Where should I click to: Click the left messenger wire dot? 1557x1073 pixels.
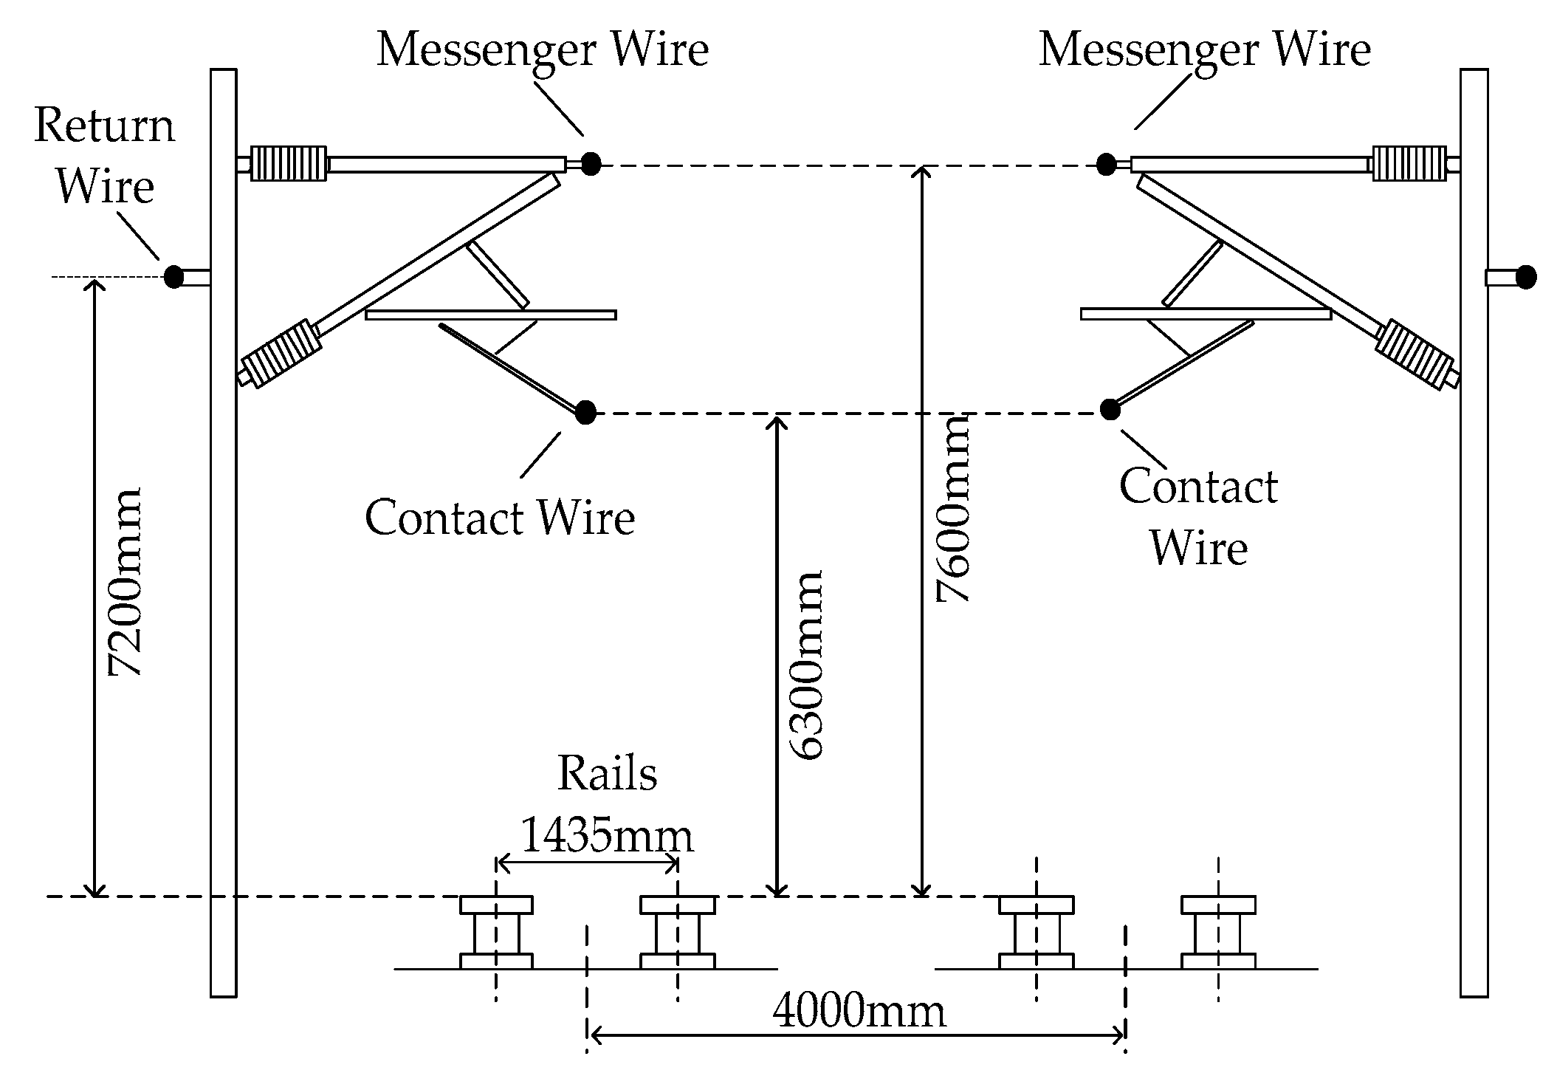tap(590, 163)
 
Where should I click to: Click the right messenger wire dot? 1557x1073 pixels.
tap(1105, 164)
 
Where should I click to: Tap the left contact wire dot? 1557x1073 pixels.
tap(585, 412)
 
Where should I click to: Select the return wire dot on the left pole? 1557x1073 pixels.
tap(173, 277)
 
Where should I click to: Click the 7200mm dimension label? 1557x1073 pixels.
tap(124, 582)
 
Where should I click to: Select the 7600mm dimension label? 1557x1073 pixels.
tap(952, 510)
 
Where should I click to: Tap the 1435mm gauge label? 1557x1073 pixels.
tap(607, 837)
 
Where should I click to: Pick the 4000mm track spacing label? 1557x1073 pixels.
tap(859, 1012)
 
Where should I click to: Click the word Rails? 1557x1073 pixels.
tap(607, 774)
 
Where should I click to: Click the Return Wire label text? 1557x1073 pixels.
tap(104, 155)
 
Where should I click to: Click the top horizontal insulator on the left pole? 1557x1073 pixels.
tap(289, 163)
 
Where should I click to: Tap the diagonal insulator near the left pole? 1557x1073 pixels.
tap(281, 354)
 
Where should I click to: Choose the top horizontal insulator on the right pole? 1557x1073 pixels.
tap(1409, 163)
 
